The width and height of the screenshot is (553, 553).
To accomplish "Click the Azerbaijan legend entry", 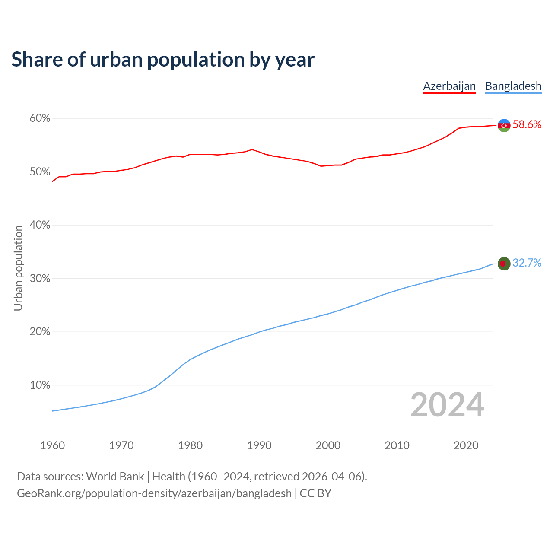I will [x=449, y=86].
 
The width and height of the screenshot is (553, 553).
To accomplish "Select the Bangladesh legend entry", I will [x=513, y=86].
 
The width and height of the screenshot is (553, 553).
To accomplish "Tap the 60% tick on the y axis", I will [x=40, y=118].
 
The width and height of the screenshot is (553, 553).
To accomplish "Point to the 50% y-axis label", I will [x=40, y=172].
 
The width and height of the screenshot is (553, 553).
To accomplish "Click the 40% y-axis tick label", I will [x=40, y=225].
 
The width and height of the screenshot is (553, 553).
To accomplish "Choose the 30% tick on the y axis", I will [x=40, y=279].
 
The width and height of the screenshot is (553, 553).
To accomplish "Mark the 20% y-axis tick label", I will [x=40, y=332].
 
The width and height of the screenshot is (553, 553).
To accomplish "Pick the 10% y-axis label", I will [x=40, y=385].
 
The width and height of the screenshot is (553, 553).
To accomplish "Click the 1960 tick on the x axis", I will [x=52, y=445].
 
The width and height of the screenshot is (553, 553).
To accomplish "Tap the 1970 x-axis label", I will [x=121, y=445].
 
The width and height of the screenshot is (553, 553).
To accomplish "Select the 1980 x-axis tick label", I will [x=190, y=445].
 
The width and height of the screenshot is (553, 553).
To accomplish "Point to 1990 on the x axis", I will [x=259, y=445].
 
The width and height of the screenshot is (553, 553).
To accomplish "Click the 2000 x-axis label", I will [x=328, y=445].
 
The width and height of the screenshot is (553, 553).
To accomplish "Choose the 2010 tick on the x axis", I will [x=397, y=445].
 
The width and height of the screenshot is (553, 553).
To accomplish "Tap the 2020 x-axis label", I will [x=466, y=445].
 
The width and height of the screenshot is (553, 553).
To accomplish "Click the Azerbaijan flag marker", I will [x=504, y=125].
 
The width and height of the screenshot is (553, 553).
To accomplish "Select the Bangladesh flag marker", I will [x=504, y=264].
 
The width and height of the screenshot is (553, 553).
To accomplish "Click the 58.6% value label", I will [x=527, y=125].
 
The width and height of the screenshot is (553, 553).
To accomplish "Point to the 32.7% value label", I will [x=527, y=263].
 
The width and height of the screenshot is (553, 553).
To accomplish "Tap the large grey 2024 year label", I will [x=447, y=405].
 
